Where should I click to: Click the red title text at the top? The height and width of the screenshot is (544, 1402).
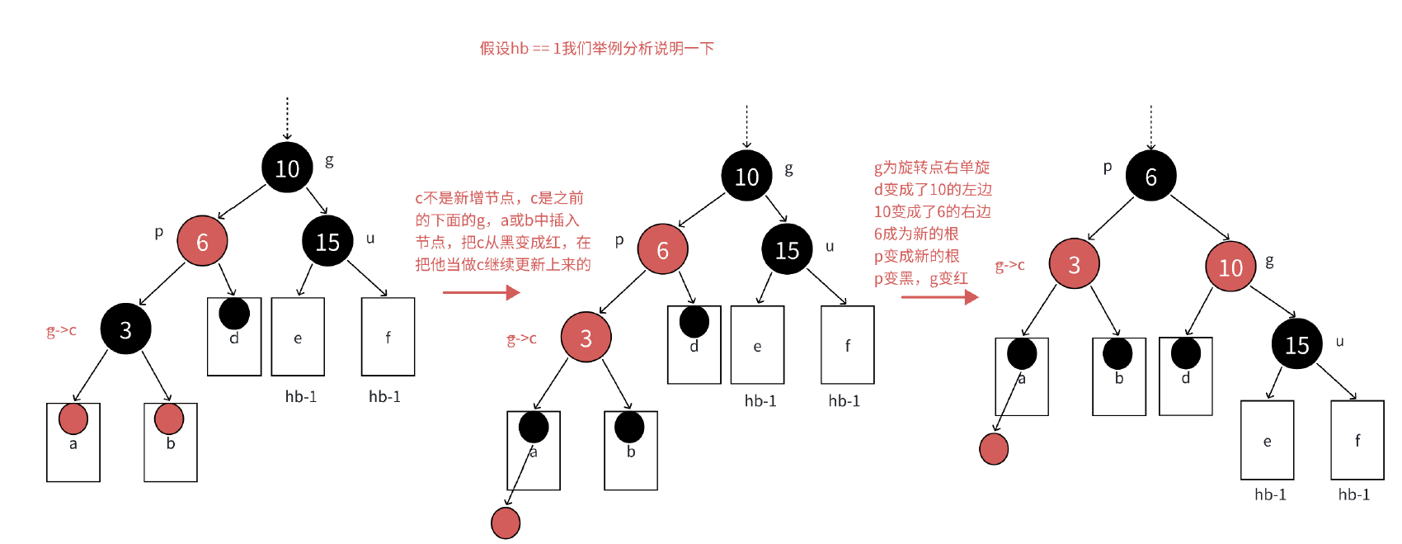tap(596, 49)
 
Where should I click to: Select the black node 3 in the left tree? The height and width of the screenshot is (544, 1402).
tap(125, 329)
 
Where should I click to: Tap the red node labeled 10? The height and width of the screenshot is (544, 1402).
tap(1230, 267)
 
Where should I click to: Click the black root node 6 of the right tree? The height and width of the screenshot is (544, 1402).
tap(1150, 176)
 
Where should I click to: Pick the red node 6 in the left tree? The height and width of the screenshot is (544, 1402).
tap(202, 241)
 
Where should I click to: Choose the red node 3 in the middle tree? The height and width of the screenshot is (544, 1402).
tap(586, 337)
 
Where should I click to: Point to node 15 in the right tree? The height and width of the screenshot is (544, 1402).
tap(1296, 344)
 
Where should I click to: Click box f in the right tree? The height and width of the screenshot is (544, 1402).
tap(1357, 440)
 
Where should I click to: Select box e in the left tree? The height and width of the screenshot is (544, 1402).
tap(298, 337)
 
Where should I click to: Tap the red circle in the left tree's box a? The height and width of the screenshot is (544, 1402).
tap(73, 419)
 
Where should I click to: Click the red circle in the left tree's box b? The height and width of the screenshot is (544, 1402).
tap(169, 419)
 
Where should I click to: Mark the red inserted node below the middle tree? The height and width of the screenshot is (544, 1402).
tap(506, 523)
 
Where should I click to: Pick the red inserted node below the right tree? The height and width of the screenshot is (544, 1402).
tap(994, 448)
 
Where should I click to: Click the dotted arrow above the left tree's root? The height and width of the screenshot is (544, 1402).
tap(287, 118)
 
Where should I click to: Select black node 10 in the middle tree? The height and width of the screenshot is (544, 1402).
tap(746, 176)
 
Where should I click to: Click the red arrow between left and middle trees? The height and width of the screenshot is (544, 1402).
tap(481, 292)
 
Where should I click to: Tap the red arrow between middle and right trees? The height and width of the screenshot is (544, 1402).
tap(939, 296)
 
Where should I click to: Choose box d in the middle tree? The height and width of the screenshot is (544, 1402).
tap(694, 345)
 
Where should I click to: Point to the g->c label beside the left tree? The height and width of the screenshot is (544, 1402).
tap(61, 331)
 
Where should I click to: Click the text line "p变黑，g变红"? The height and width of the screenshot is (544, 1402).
tap(920, 279)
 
